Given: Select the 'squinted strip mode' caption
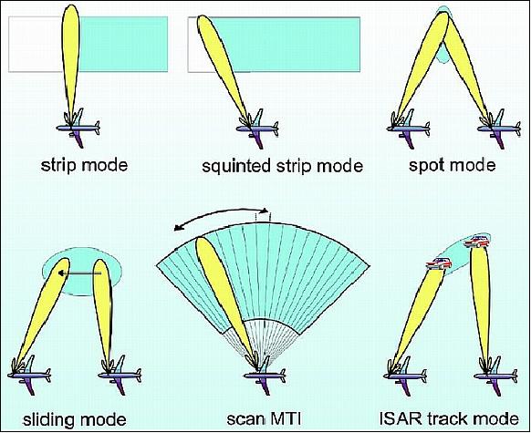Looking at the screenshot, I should tap(282, 167).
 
